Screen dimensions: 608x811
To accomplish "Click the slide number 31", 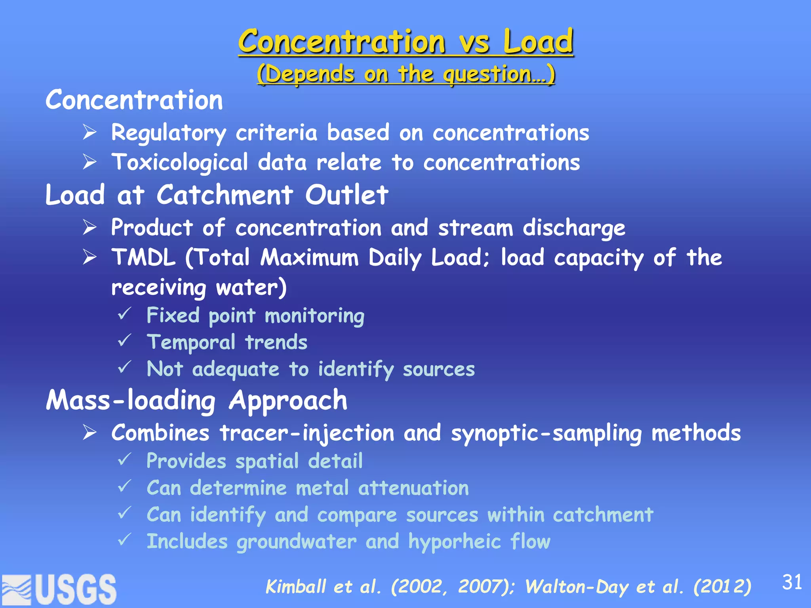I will pyautogui.click(x=792, y=582).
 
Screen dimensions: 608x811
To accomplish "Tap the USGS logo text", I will pyautogui.click(x=76, y=590).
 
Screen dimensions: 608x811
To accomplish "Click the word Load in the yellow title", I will pyautogui.click(x=538, y=42).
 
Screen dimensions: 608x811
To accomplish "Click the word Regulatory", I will pyautogui.click(x=169, y=133).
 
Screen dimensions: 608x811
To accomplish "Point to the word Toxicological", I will pyautogui.click(x=180, y=163).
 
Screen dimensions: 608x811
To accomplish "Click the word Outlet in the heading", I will pyautogui.click(x=346, y=195).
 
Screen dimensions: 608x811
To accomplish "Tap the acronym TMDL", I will pyautogui.click(x=143, y=258).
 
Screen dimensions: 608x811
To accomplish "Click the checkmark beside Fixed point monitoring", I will pyautogui.click(x=124, y=315).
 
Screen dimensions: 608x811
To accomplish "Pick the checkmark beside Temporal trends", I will pyautogui.click(x=124, y=341).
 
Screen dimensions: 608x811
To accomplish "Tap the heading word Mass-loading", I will pyautogui.click(x=131, y=401).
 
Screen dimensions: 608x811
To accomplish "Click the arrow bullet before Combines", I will pyautogui.click(x=90, y=433).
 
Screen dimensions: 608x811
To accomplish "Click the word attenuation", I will pyautogui.click(x=413, y=488).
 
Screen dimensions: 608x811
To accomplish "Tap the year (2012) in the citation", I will pyautogui.click(x=722, y=587).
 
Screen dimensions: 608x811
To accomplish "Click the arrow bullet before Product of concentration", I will pyautogui.click(x=90, y=228).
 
